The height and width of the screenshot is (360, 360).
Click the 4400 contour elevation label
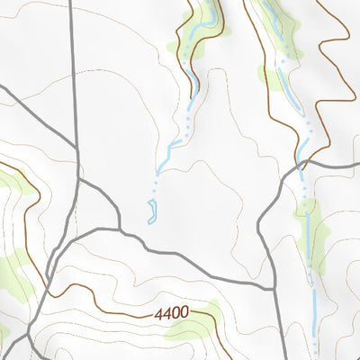click(171, 313)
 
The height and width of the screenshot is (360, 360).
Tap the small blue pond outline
click(152, 211)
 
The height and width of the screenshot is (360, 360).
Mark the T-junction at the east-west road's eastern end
click(272, 287)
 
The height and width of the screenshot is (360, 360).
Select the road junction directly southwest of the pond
click(119, 229)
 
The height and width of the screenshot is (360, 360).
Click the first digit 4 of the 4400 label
click(157, 313)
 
